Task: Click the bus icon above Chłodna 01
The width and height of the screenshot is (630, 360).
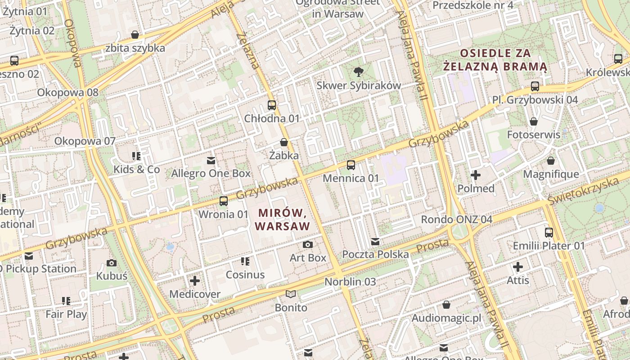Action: (x=271, y=105)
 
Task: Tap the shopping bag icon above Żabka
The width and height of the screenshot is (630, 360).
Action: (x=284, y=142)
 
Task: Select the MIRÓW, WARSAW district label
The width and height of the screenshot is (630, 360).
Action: (x=283, y=219)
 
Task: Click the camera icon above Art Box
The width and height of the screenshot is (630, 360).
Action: (x=308, y=244)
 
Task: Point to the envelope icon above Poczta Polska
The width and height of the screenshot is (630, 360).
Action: (x=375, y=242)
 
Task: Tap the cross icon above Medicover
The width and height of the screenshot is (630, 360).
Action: (x=194, y=281)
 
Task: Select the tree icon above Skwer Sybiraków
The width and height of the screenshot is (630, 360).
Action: (x=359, y=72)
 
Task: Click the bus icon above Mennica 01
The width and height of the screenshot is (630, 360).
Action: (x=351, y=165)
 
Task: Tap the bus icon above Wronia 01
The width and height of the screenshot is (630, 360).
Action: (x=224, y=201)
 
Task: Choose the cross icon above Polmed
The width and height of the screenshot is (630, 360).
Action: (x=476, y=175)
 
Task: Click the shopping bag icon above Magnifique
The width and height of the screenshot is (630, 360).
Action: (x=551, y=161)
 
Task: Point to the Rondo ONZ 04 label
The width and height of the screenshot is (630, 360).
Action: (x=456, y=220)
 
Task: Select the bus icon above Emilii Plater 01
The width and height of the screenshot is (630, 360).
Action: (x=549, y=233)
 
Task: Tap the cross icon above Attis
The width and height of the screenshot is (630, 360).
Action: (x=518, y=267)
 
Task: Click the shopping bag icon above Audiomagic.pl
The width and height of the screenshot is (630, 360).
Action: (x=446, y=305)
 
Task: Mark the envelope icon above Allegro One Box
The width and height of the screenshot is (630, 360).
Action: (x=211, y=160)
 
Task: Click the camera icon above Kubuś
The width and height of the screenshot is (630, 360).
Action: (x=112, y=263)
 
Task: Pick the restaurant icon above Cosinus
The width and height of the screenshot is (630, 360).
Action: (x=245, y=261)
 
